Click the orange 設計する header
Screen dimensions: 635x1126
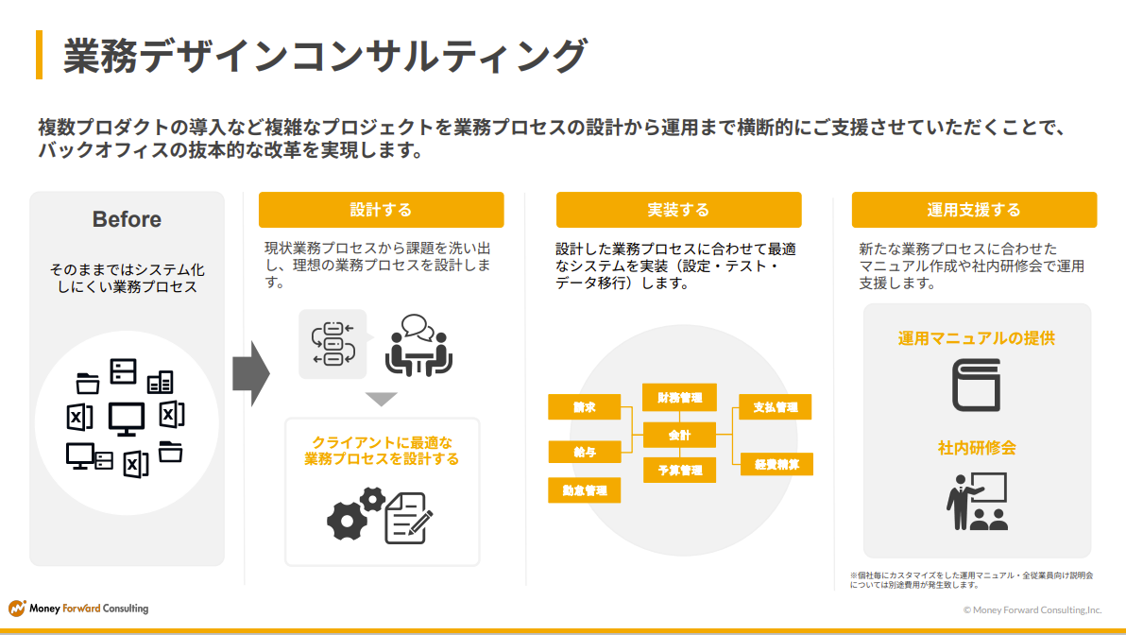pos(381,210)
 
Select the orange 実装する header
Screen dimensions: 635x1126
pos(678,210)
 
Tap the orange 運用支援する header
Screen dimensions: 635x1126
pos(974,210)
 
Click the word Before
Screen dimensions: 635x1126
pos(127,219)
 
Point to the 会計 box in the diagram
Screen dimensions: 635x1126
pos(679,436)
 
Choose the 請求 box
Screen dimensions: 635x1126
pos(584,407)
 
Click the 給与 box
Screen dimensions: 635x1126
pos(584,452)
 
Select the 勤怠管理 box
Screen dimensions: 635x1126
pos(584,490)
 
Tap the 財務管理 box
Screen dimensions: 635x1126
pos(679,397)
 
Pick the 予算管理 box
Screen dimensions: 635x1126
pos(679,470)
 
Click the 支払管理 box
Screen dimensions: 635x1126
pos(776,407)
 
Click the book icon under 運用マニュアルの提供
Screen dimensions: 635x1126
pos(976,386)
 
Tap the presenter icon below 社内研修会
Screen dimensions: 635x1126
pos(977,502)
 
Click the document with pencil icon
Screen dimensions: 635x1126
pos(408,518)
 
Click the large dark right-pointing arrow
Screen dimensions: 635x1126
pos(251,373)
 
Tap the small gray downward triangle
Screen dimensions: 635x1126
pos(381,399)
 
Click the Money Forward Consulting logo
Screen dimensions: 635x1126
pos(78,609)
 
